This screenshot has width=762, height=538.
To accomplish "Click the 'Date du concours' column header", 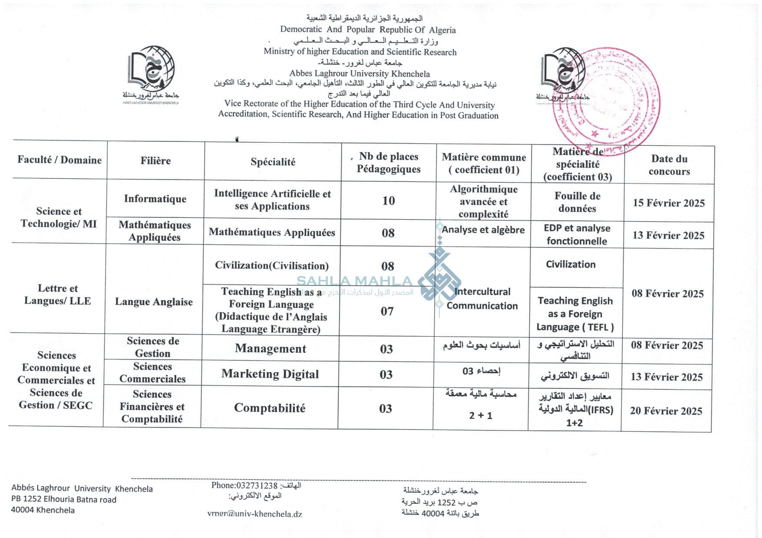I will pyautogui.click(x=669, y=165).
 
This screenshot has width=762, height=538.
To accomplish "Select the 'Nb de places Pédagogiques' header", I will pyautogui.click(x=389, y=163).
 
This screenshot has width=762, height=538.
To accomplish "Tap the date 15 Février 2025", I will pyautogui.click(x=669, y=203).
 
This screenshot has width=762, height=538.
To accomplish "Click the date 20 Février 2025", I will pyautogui.click(x=666, y=411).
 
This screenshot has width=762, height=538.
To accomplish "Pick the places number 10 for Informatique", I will pyautogui.click(x=388, y=200).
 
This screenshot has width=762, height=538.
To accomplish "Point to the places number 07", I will pyautogui.click(x=387, y=311).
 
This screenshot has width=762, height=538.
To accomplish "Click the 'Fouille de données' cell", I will pyautogui.click(x=577, y=202).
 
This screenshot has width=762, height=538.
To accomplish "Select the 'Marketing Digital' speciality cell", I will pyautogui.click(x=270, y=374).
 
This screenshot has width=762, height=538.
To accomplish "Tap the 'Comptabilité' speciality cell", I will pyautogui.click(x=270, y=408).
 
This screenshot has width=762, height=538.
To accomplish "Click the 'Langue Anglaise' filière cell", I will pyautogui.click(x=154, y=302).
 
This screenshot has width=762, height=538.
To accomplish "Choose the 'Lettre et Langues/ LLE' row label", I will pyautogui.click(x=58, y=295).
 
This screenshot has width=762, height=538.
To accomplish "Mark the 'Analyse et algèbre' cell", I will pyautogui.click(x=483, y=230).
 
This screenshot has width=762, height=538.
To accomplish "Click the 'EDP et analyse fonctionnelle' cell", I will pyautogui.click(x=577, y=234).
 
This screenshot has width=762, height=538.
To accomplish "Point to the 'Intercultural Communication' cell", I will pyautogui.click(x=482, y=299).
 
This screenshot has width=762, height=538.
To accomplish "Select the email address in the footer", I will pyautogui.click(x=254, y=514).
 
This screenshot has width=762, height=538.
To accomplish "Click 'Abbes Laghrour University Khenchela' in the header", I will pyautogui.click(x=360, y=73).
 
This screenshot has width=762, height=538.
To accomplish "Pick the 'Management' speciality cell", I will pyautogui.click(x=270, y=348).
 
